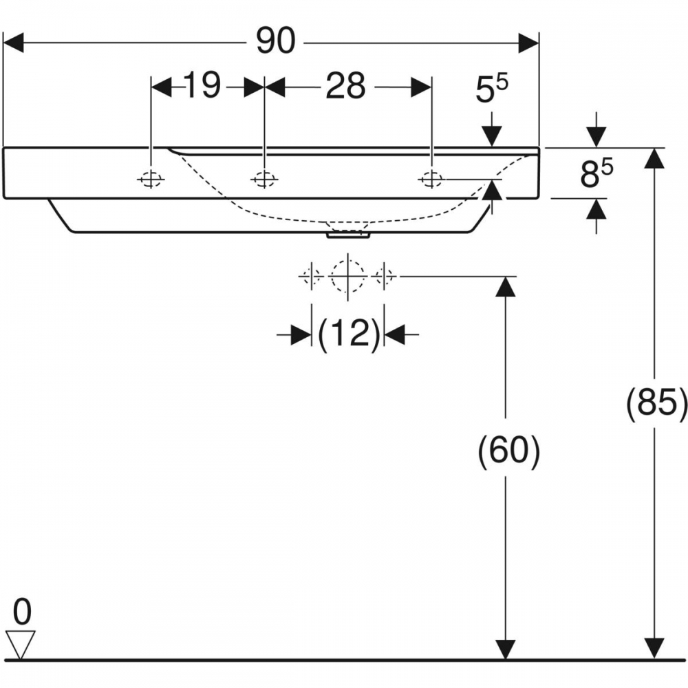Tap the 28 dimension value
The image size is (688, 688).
(345, 87)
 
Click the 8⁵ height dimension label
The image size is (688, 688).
(596, 173)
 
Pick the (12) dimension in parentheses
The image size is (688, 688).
(349, 335)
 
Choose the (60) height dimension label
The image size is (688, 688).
(508, 451)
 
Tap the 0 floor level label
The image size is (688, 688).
(22, 611)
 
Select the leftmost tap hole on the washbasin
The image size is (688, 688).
(151, 180)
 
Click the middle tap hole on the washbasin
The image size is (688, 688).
(264, 180)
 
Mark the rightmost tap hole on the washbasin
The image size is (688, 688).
(431, 180)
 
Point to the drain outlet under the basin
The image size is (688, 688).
(349, 235)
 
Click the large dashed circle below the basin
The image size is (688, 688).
(348, 276)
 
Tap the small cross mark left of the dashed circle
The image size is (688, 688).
(311, 276)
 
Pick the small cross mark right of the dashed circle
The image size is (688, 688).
(385, 276)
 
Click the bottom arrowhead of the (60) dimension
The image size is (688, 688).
(506, 648)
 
